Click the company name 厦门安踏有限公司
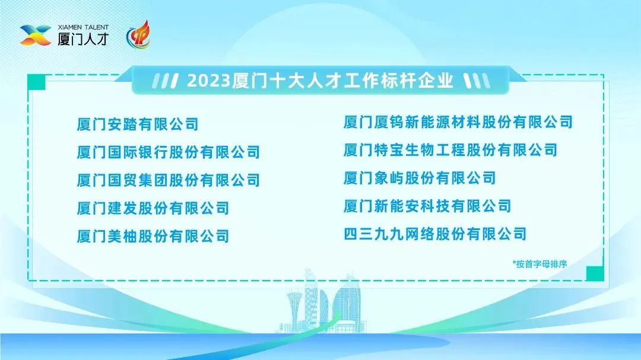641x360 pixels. (138, 124)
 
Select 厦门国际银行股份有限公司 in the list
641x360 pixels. (169, 152)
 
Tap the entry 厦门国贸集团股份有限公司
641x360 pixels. (169, 180)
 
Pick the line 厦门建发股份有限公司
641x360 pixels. (153, 208)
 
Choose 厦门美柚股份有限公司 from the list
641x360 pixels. (153, 236)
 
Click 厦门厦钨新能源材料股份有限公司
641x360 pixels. (458, 122)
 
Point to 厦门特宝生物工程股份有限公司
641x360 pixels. (450, 150)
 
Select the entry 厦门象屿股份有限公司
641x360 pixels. (420, 178)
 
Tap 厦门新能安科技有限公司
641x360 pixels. (427, 206)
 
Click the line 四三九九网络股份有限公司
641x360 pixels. (435, 234)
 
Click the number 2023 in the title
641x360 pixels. (209, 81)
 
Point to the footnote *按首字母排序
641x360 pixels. (540, 265)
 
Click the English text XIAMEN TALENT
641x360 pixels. (84, 27)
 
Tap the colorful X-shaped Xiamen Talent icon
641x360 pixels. (36, 35)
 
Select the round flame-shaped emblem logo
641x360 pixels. (138, 35)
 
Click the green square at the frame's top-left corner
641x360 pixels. (36, 82)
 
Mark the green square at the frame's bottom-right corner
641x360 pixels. (595, 273)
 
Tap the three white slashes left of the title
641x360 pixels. (165, 81)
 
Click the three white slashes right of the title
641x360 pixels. (477, 81)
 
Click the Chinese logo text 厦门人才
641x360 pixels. (84, 39)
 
